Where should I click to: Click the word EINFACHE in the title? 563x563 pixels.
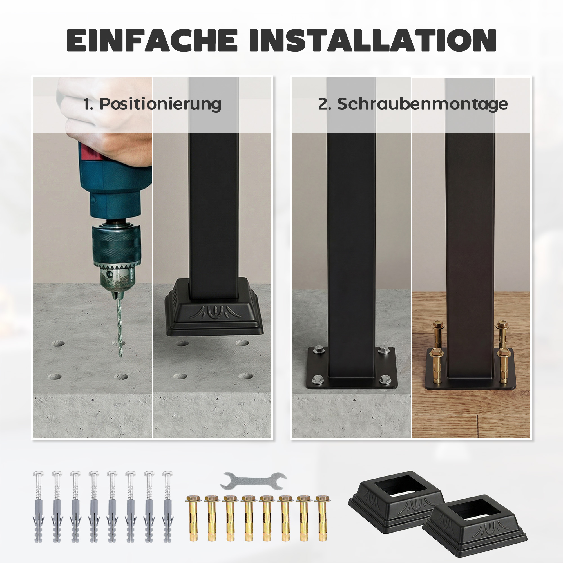[152, 40]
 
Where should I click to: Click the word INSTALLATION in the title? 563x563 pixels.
[373, 40]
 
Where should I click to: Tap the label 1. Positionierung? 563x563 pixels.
[152, 104]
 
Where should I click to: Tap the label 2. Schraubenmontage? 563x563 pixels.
[413, 104]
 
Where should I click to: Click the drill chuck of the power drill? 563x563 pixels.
[117, 256]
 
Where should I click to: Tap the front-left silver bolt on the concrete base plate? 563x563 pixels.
[318, 379]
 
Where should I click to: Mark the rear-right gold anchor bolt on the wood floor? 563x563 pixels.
[501, 332]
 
